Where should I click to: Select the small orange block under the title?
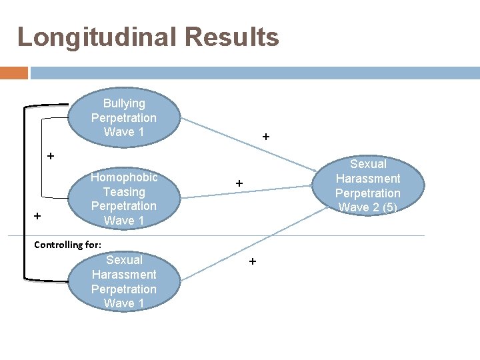[x=14, y=73]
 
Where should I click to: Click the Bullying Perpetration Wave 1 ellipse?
[x=124, y=117]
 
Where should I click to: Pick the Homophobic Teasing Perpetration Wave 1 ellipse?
[x=124, y=198]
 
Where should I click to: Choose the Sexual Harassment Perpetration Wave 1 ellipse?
[x=124, y=281]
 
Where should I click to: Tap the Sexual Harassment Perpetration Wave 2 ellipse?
[x=367, y=185]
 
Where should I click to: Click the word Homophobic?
[x=124, y=177]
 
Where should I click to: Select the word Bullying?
[x=124, y=103]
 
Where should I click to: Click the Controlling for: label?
[x=67, y=245]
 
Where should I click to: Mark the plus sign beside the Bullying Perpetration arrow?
[x=266, y=137]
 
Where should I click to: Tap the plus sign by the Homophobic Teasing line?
[x=239, y=183]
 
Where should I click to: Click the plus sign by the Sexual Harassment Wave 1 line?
[x=252, y=262]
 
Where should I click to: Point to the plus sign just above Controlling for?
[x=37, y=216]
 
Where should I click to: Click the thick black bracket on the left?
[x=25, y=193]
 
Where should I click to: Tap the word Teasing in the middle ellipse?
[x=124, y=192]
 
